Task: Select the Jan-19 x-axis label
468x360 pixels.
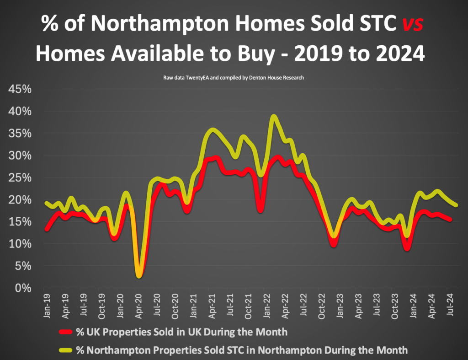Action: pyautogui.click(x=46, y=304)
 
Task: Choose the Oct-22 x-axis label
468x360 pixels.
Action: pyautogui.click(x=322, y=304)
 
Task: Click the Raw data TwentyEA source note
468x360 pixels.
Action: pyautogui.click(x=234, y=78)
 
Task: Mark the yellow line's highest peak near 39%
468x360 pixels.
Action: pyautogui.click(x=273, y=117)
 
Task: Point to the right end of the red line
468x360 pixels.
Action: pyautogui.click(x=451, y=220)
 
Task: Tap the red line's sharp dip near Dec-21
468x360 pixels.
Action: pyautogui.click(x=260, y=210)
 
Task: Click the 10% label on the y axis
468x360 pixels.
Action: pyautogui.click(x=20, y=244)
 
